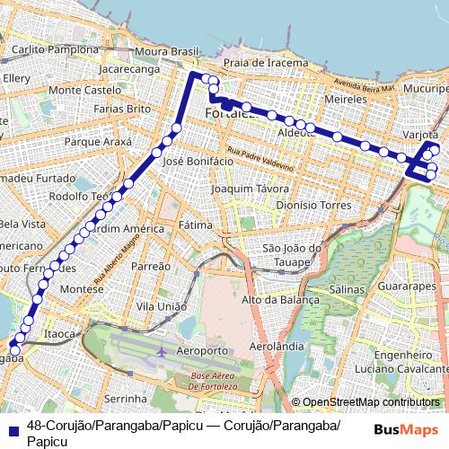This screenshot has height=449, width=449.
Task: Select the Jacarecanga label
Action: pyautogui.click(x=129, y=68)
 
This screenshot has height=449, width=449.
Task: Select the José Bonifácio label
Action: pyautogui.click(x=192, y=161)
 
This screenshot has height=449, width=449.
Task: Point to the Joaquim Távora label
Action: pyautogui.click(x=249, y=190)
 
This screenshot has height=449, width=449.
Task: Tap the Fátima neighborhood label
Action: pyautogui.click(x=194, y=224)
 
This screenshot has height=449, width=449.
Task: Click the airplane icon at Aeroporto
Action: pyautogui.click(x=160, y=350)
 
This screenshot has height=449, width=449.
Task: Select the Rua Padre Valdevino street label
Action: pyautogui.click(x=260, y=161)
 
